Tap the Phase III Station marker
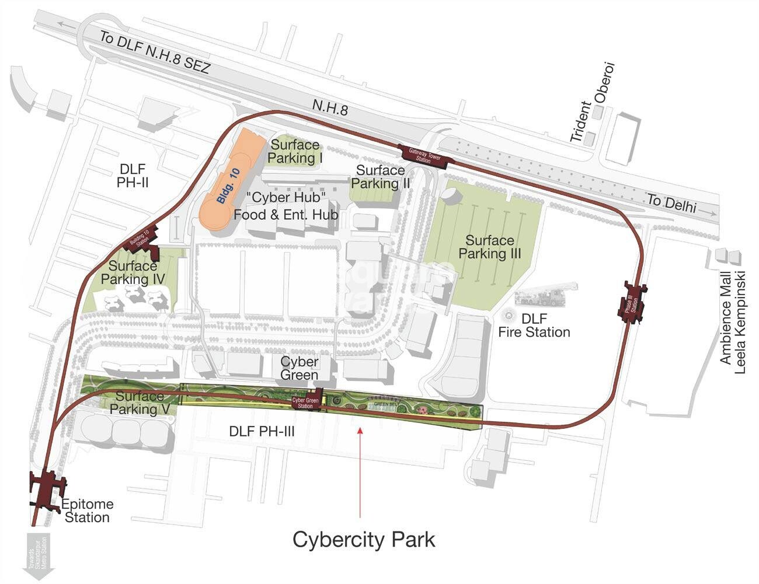click(632, 302)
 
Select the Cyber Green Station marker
click(306, 402)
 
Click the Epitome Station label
click(88, 511)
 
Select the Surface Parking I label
click(295, 151)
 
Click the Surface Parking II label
click(381, 177)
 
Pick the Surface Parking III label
click(489, 247)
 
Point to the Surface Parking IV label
click(133, 272)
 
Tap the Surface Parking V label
click(140, 403)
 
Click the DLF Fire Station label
click(534, 326)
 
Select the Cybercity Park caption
click(364, 539)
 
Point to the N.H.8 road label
click(330, 107)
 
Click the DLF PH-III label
click(262, 432)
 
